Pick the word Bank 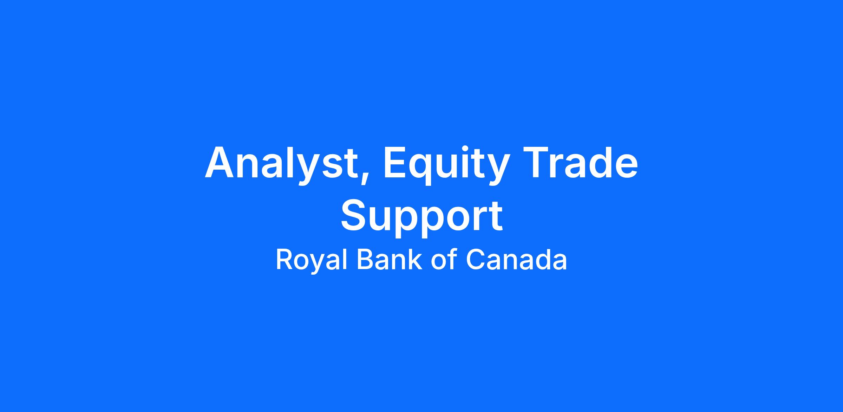pyautogui.click(x=389, y=260)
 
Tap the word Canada pyautogui.click(x=516, y=260)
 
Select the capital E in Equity pyautogui.click(x=396, y=162)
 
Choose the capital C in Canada pyautogui.click(x=476, y=260)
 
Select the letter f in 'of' pyautogui.click(x=452, y=259)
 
